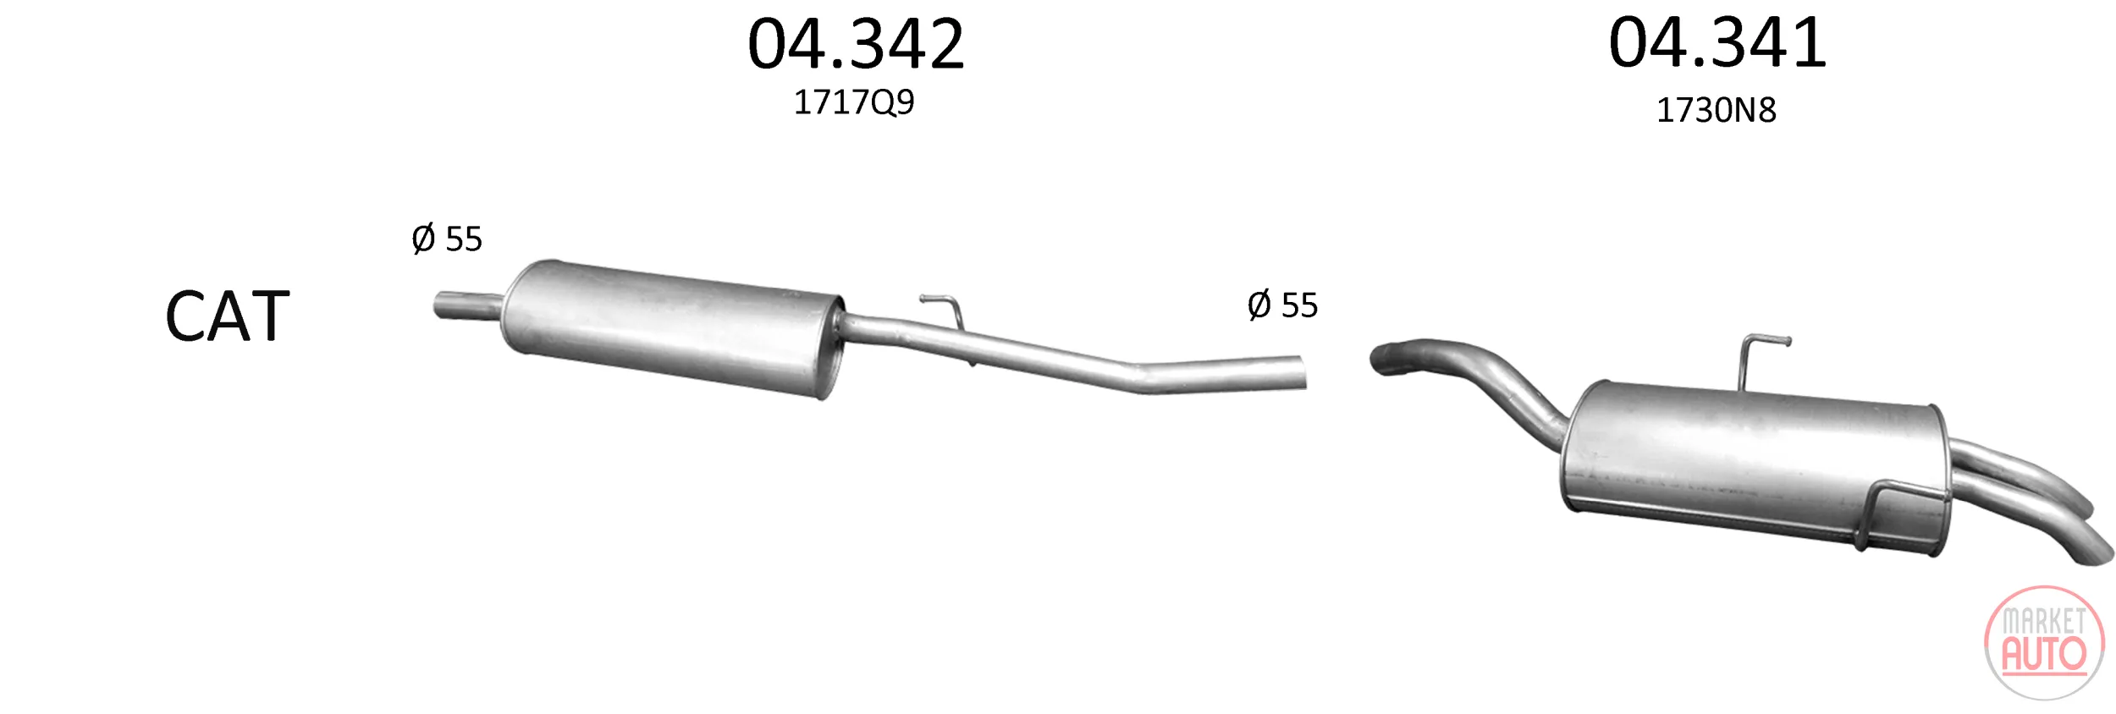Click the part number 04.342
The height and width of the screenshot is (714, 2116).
pyautogui.click(x=856, y=44)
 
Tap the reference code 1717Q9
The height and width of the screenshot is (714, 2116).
pyautogui.click(x=854, y=102)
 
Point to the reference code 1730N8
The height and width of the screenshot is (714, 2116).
pyautogui.click(x=1716, y=110)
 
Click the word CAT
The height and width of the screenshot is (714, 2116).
pyautogui.click(x=228, y=316)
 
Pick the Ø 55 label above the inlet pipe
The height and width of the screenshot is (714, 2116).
pyautogui.click(x=447, y=239)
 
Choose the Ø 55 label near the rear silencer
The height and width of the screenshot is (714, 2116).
pyautogui.click(x=1282, y=305)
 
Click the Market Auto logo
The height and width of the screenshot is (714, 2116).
pyautogui.click(x=2045, y=644)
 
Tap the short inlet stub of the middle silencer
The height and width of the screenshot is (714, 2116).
pyautogui.click(x=468, y=305)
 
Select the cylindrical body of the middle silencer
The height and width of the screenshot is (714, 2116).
pyautogui.click(x=673, y=328)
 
